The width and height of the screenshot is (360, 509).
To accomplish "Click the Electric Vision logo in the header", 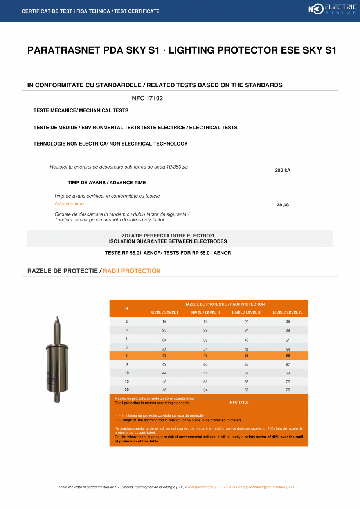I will (332, 9).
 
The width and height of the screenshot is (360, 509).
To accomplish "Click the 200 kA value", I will (283, 170).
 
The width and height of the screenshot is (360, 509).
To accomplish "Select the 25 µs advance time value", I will (283, 205).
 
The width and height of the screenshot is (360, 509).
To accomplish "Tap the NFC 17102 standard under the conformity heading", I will (147, 98).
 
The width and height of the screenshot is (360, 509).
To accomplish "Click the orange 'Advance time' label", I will (69, 204).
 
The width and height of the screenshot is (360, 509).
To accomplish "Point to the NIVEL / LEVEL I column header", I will (164, 313).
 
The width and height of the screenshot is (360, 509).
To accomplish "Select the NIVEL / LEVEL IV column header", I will (288, 313).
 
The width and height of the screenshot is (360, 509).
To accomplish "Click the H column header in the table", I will (126, 308).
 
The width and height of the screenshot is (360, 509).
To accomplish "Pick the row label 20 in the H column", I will (126, 390).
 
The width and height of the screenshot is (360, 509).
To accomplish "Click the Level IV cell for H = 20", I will (288, 390).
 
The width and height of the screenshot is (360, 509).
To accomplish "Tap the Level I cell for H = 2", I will (164, 322).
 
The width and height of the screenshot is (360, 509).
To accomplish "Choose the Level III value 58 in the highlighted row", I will (247, 356).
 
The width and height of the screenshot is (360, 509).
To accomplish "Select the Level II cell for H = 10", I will (205, 373).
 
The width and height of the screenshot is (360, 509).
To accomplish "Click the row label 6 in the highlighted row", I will (126, 356).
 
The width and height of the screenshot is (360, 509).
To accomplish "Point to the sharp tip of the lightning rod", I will (57, 317).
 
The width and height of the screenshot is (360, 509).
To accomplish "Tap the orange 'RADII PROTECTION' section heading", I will (131, 271).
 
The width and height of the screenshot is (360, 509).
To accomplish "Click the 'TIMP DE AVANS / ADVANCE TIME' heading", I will (106, 183).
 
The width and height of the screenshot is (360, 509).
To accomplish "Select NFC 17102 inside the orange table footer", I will (239, 402).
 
